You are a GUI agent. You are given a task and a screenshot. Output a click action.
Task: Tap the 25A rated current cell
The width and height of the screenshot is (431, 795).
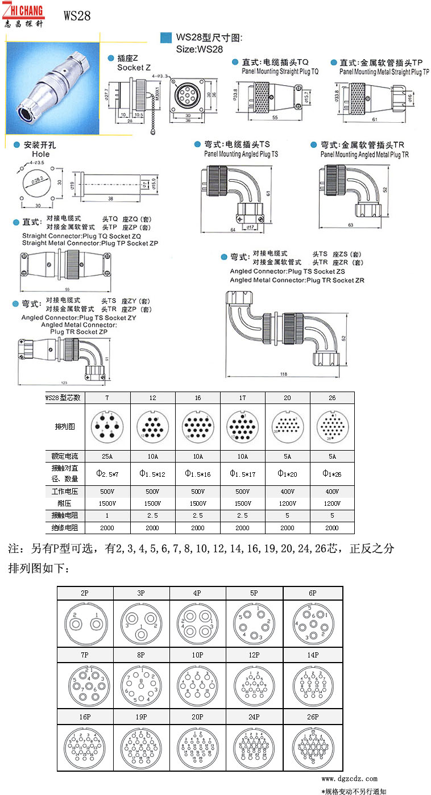(x=107, y=456)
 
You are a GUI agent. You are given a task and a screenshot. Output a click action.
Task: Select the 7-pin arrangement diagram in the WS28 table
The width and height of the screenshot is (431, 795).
(x=107, y=427)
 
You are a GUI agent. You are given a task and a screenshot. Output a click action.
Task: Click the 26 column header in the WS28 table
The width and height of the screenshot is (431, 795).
(x=332, y=397)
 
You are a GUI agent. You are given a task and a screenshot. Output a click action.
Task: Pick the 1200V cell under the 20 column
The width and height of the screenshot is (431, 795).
(x=288, y=503)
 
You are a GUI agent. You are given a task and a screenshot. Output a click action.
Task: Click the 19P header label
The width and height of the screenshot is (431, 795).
(x=141, y=717)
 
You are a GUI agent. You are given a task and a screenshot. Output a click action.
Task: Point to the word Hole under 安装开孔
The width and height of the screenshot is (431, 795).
(x=41, y=154)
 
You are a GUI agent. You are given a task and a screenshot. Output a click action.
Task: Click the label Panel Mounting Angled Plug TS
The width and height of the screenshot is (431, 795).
(x=241, y=154)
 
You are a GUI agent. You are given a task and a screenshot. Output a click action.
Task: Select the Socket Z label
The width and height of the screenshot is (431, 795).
(x=135, y=68)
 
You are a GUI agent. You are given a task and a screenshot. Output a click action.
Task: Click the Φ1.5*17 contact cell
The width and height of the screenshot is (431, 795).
(x=242, y=473)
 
